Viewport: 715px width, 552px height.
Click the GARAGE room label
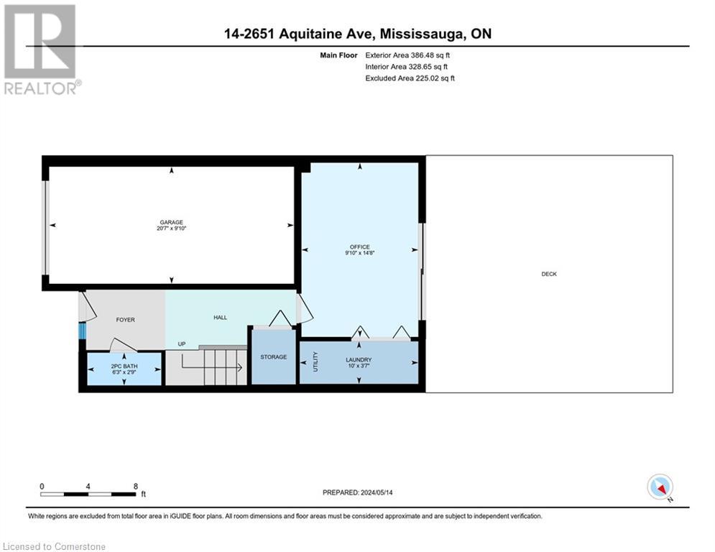coord(171,222)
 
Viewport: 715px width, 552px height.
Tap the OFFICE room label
coord(360,247)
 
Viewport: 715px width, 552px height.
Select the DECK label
coord(549,274)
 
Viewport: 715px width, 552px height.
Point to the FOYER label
coord(125,320)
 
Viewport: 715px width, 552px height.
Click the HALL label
coord(220,317)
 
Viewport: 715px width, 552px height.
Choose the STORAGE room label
coord(273,357)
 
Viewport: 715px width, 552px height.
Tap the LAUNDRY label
coord(358,359)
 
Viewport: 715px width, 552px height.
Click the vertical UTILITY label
coord(315,362)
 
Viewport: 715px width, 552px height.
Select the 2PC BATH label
coord(124,366)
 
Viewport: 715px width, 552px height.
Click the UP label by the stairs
coord(182,344)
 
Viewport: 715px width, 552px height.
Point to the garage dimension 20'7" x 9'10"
coord(171,229)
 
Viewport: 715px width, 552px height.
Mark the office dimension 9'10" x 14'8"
coord(360,253)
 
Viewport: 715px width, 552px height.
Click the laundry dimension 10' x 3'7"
coord(358,366)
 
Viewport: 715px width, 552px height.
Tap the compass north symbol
coord(659,487)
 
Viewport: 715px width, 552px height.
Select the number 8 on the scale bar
coord(135,487)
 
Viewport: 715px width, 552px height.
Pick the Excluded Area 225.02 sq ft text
coord(410,78)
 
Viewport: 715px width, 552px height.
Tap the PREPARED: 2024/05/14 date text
coord(358,492)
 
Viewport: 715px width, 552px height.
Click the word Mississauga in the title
coord(420,33)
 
